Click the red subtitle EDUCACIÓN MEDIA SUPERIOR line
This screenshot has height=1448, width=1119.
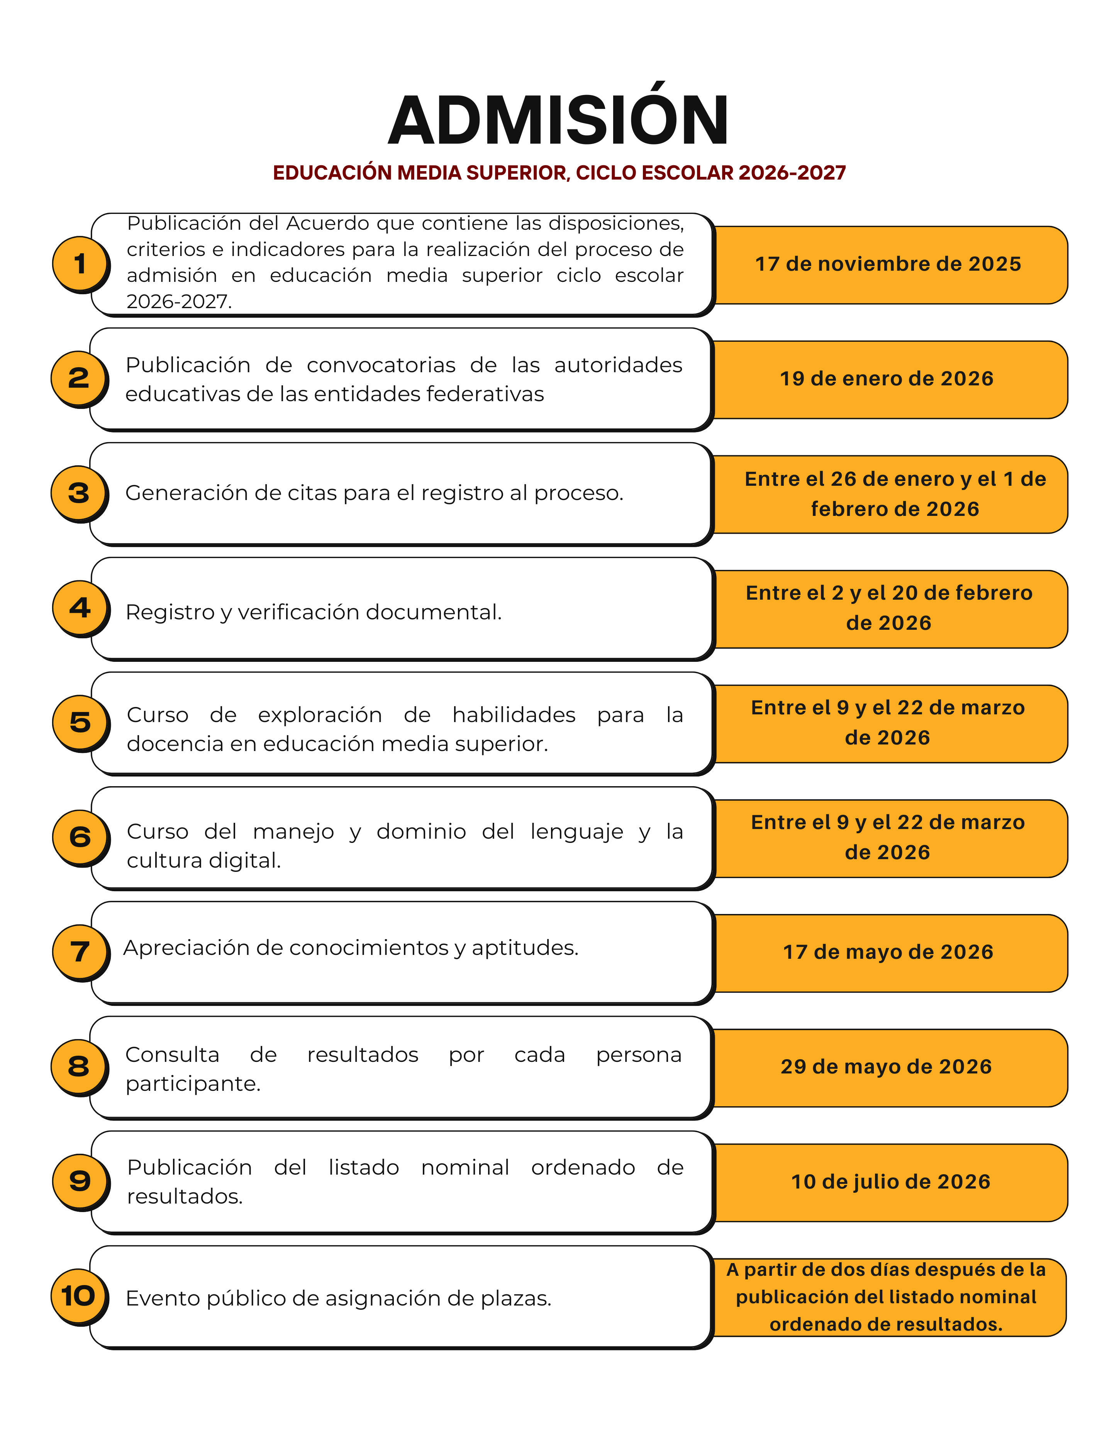(x=559, y=173)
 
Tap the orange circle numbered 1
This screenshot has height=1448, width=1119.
(x=80, y=263)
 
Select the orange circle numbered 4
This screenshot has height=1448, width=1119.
(x=80, y=607)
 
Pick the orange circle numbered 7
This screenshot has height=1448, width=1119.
(x=80, y=951)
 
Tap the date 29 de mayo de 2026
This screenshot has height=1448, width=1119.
(x=886, y=1067)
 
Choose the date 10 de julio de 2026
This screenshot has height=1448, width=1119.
(x=890, y=1182)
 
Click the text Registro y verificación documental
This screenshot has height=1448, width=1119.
(x=314, y=612)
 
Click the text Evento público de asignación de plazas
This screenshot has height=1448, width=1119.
(x=338, y=1298)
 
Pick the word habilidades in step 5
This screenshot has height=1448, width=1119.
(x=514, y=715)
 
